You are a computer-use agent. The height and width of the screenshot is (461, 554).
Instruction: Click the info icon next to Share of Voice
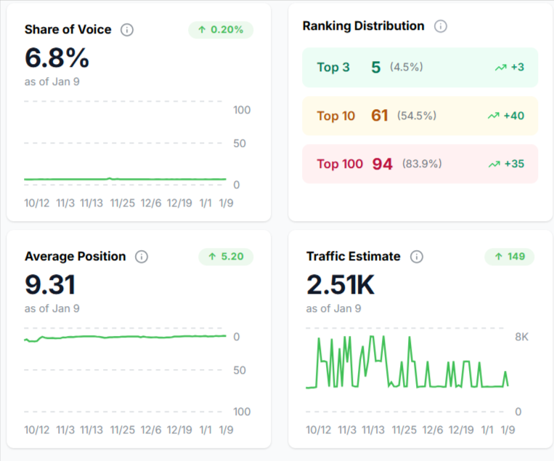point(127,30)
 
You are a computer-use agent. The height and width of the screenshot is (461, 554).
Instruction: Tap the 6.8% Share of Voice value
point(57,57)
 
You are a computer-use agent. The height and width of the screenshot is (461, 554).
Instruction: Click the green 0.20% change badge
point(221,30)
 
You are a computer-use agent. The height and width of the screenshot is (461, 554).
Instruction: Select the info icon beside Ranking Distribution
point(440,26)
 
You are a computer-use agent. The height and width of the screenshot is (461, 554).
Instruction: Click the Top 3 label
point(333,68)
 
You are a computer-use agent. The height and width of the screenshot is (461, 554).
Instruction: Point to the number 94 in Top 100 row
point(382,164)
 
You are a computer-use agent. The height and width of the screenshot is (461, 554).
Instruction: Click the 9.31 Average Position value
point(50,284)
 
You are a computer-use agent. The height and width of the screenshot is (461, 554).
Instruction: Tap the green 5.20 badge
point(225,256)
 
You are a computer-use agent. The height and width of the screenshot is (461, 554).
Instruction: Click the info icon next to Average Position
point(142,257)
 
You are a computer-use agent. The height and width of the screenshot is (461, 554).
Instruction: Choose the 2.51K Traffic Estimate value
point(341,284)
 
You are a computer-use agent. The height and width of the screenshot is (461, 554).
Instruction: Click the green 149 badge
point(509,256)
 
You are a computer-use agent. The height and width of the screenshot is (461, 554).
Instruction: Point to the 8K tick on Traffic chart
point(522,337)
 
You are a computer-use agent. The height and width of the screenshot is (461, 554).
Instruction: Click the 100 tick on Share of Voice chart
point(241,110)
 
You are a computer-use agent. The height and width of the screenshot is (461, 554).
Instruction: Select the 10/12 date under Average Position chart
point(37,430)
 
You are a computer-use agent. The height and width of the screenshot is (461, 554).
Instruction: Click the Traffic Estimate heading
point(353,256)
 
